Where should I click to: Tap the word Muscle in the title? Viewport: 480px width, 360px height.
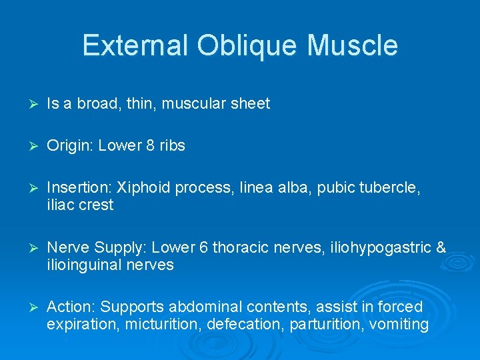pyautogui.click(x=353, y=46)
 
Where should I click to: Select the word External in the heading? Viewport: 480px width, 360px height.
pyautogui.click(x=136, y=46)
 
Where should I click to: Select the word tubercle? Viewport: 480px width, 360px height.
pyautogui.click(x=393, y=188)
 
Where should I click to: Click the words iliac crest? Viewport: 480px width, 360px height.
pyautogui.click(x=80, y=205)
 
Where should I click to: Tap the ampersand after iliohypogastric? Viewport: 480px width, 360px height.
pyautogui.click(x=440, y=248)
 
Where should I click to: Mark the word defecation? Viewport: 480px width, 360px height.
pyautogui.click(x=238, y=325)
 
